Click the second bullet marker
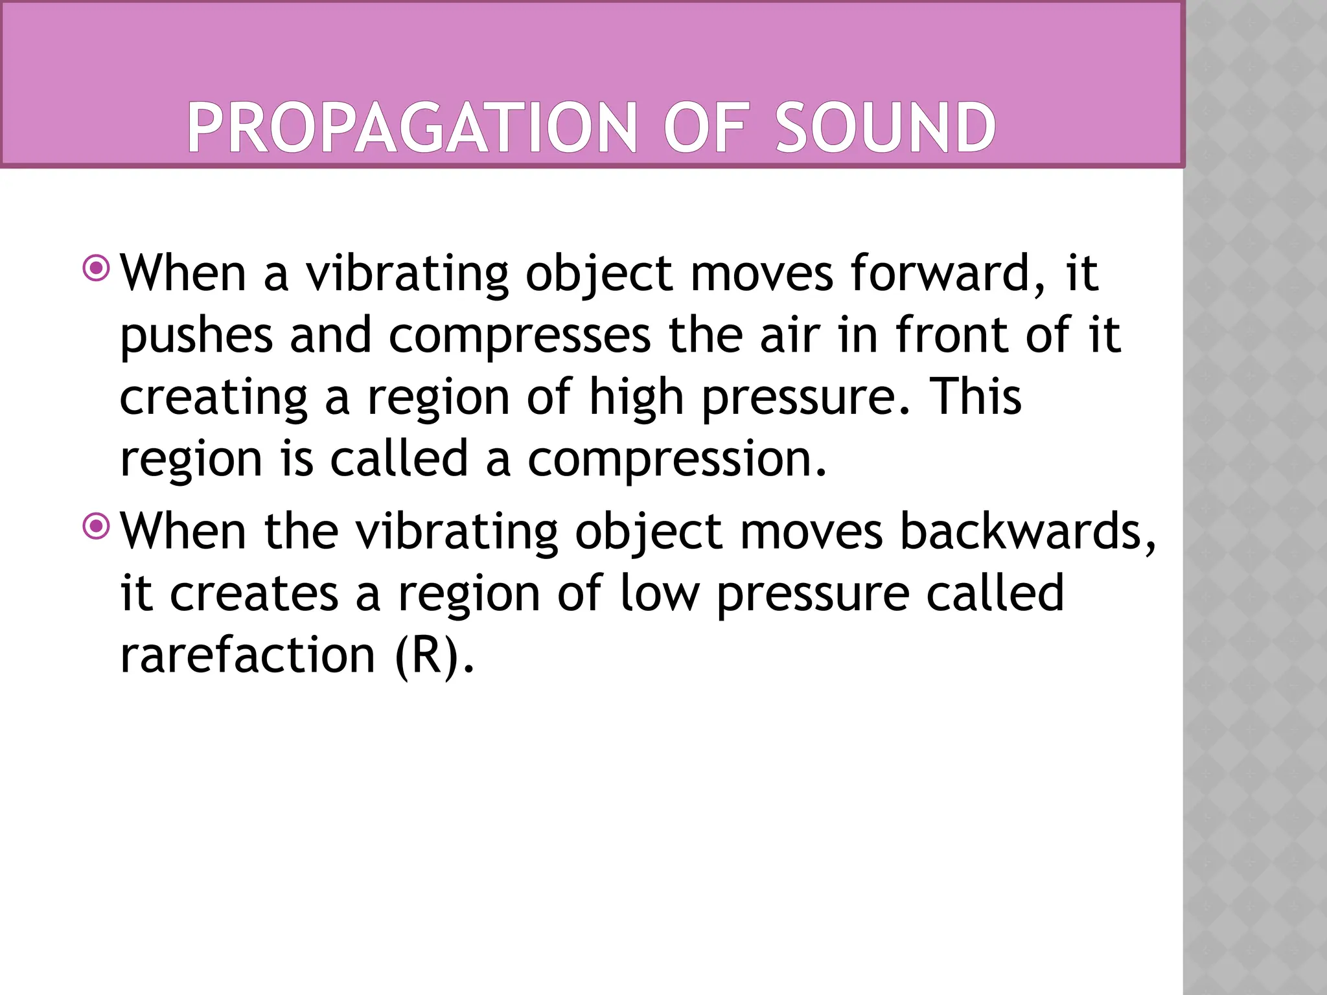pyautogui.click(x=97, y=526)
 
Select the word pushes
pyautogui.click(x=196, y=337)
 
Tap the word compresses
pyautogui.click(x=520, y=337)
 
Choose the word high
pyautogui.click(x=636, y=398)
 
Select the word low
pyautogui.click(x=660, y=593)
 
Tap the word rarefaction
pyautogui.click(x=248, y=655)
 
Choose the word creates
pyautogui.click(x=254, y=593)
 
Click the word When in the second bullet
pyautogui.click(x=184, y=531)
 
